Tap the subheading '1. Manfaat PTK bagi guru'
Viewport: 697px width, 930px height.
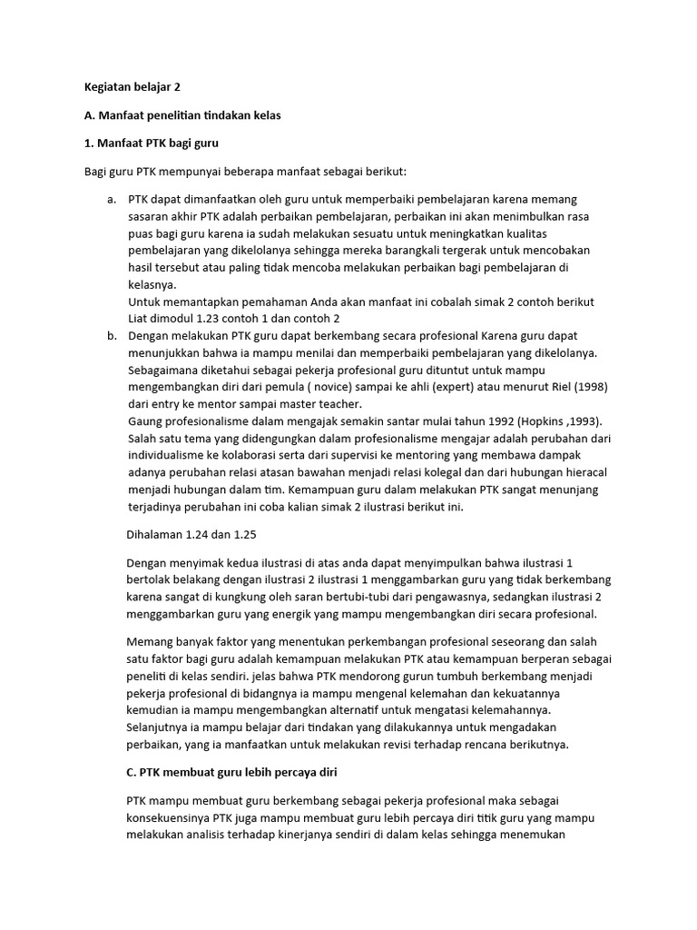pos(146,143)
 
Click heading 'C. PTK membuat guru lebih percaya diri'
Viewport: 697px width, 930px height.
pos(232,771)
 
